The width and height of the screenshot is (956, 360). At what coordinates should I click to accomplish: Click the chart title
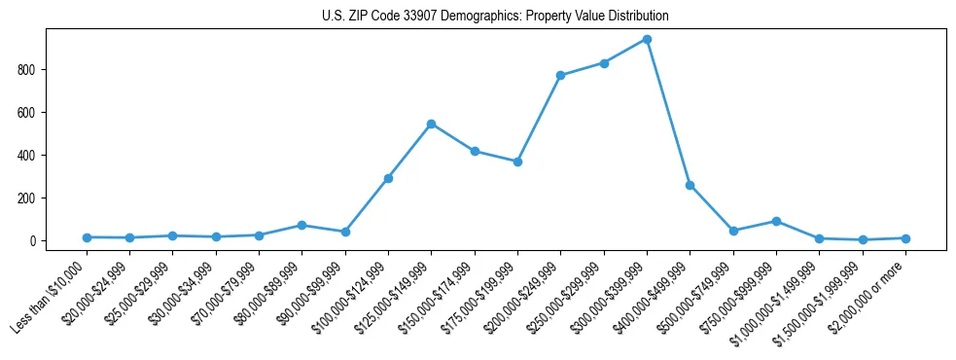(x=495, y=17)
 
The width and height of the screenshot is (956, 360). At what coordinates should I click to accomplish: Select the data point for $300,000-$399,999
(x=647, y=40)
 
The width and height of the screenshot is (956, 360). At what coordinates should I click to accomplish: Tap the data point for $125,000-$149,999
(x=431, y=124)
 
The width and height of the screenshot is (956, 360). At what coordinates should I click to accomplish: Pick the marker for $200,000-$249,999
(x=560, y=75)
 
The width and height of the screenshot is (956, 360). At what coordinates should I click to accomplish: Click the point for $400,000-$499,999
(x=690, y=185)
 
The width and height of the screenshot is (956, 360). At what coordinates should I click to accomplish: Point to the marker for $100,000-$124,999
(x=388, y=178)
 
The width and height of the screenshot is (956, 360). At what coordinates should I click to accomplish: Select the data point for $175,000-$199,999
(x=517, y=162)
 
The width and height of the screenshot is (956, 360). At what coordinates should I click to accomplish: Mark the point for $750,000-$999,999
(x=776, y=221)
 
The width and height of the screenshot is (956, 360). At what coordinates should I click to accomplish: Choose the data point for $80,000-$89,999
(x=301, y=225)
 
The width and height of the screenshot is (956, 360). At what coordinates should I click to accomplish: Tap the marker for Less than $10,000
(x=87, y=237)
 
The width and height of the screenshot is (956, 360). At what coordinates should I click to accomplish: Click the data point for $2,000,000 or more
(x=905, y=238)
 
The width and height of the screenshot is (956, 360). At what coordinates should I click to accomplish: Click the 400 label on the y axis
(x=31, y=156)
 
